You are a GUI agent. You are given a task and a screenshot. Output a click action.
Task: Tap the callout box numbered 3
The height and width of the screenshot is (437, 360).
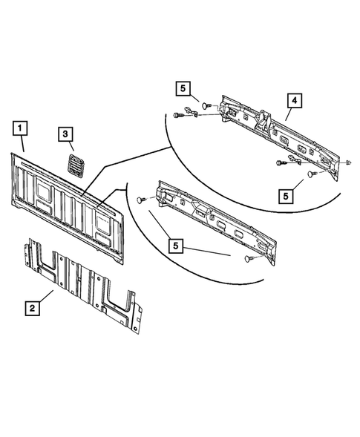[66, 134]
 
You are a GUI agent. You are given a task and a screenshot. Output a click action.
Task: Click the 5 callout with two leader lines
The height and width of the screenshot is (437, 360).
[175, 245]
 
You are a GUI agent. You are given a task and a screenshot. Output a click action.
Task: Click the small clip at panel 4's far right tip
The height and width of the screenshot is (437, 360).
[347, 161]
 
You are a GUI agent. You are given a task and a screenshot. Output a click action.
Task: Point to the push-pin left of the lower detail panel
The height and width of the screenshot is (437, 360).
[142, 200]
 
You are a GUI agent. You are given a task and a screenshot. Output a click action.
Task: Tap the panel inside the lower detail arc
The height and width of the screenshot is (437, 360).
[215, 219]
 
